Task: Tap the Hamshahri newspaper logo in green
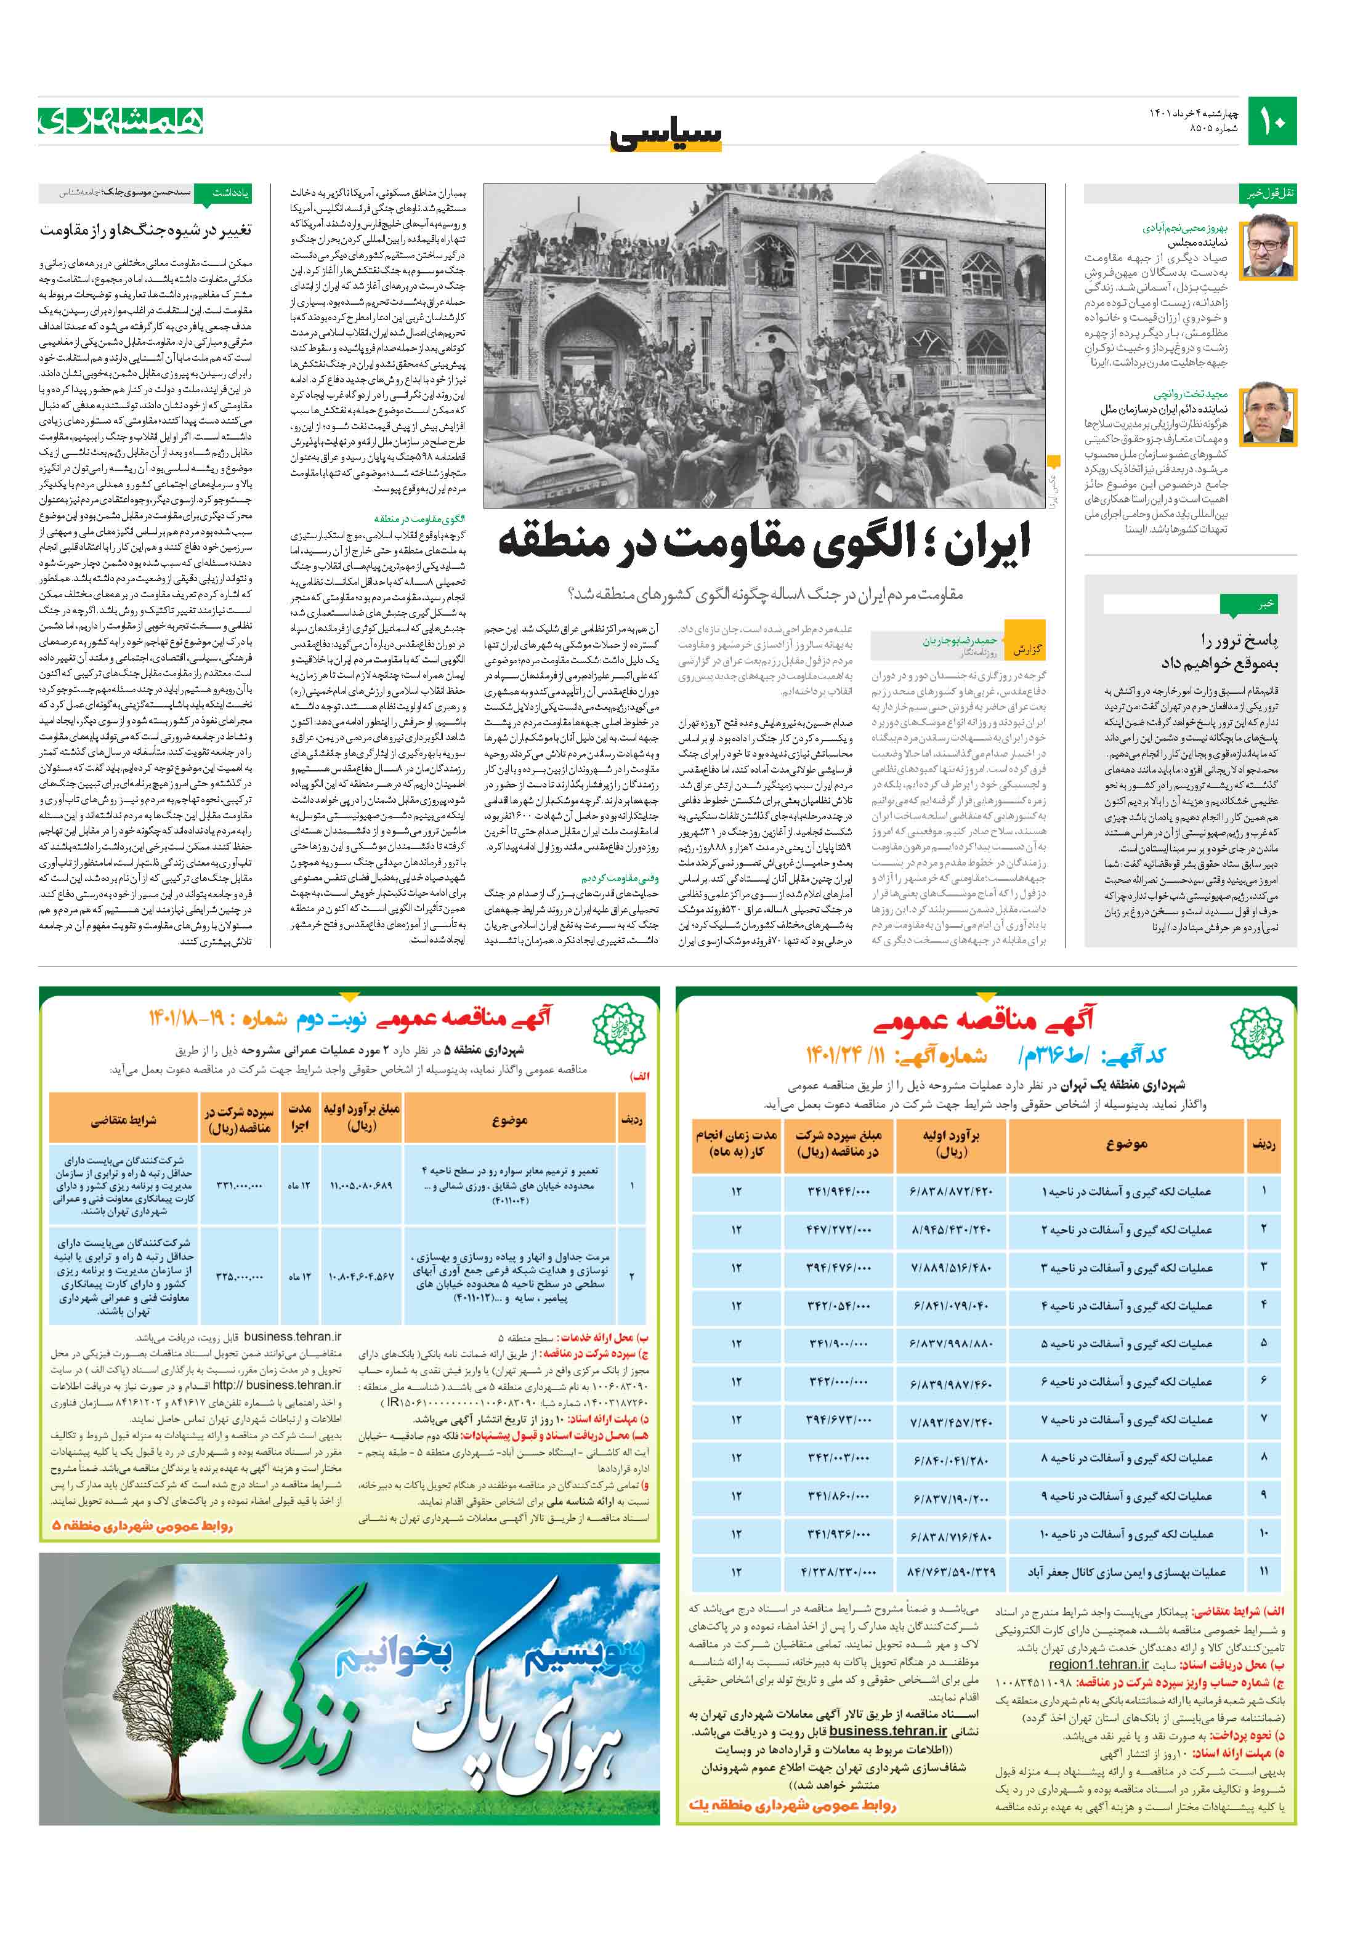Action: (x=121, y=122)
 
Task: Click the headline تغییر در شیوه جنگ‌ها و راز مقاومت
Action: (x=146, y=230)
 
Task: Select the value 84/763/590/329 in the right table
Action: (x=951, y=1572)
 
